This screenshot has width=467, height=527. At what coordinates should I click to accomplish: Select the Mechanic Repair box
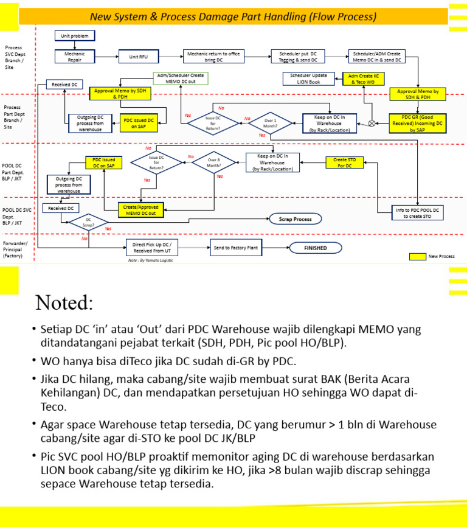tap(75, 57)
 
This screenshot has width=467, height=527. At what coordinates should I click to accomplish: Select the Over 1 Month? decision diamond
tap(271, 122)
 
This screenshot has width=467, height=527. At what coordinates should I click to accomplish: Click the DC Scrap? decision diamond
tap(89, 222)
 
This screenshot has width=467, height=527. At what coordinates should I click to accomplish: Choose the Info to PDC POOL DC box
tap(419, 213)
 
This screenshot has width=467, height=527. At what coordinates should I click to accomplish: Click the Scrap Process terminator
tap(295, 218)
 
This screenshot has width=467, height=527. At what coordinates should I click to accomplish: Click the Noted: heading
tap(64, 302)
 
